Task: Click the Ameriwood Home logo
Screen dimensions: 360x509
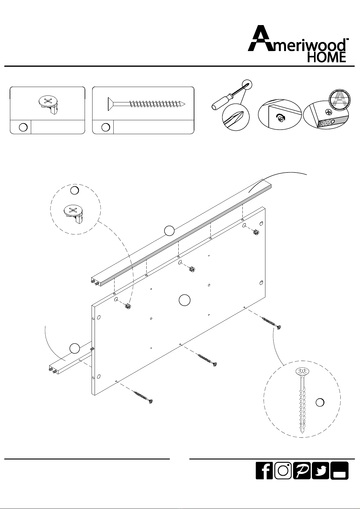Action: point(298,43)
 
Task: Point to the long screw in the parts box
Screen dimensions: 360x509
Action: point(147,104)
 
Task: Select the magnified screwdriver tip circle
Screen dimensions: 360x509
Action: point(236,117)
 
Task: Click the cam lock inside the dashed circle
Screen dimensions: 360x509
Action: point(73,214)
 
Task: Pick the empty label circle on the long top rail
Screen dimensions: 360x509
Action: point(169,231)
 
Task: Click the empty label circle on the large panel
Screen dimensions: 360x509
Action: point(184,300)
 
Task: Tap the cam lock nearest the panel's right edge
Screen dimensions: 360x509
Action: point(256,232)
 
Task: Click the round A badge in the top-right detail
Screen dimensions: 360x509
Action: point(339,100)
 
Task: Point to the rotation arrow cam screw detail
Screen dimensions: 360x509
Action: point(282,118)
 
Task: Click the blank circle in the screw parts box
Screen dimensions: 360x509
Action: point(105,127)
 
